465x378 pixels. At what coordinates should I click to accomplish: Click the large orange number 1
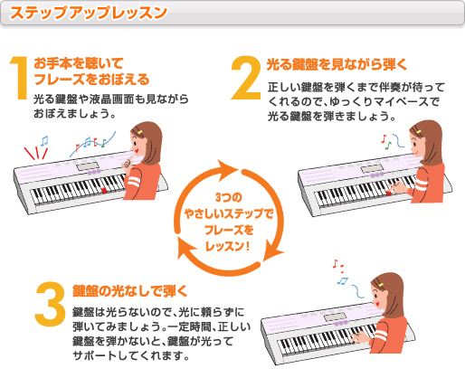click(x=19, y=81)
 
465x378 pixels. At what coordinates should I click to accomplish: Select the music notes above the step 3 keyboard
click(x=339, y=271)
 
